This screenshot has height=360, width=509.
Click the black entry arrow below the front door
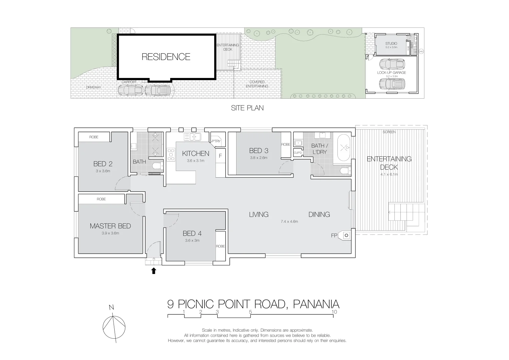pyautogui.click(x=154, y=271)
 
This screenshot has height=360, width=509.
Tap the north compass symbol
pyautogui.click(x=114, y=327)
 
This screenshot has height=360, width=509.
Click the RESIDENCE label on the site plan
pyautogui.click(x=166, y=57)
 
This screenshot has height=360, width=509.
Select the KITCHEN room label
pyautogui.click(x=196, y=153)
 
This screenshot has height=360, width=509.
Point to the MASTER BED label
pyautogui.click(x=110, y=226)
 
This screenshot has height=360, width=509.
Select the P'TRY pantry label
pyautogui.click(x=216, y=141)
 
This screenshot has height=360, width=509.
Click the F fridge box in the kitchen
pyautogui.click(x=220, y=156)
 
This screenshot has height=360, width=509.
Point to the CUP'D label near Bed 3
pyautogui.click(x=297, y=153)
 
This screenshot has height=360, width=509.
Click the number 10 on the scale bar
pyautogui.click(x=334, y=312)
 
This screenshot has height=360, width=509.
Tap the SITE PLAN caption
pyautogui.click(x=247, y=108)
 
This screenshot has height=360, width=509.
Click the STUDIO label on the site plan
pyautogui.click(x=391, y=44)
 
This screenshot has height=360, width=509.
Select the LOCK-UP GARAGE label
pyautogui.click(x=391, y=73)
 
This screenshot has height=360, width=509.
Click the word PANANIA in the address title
pyautogui.click(x=316, y=304)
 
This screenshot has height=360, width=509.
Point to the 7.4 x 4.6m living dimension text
pyautogui.click(x=289, y=221)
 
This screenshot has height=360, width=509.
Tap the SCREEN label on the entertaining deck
pyautogui.click(x=389, y=132)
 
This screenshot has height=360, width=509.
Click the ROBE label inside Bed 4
pyautogui.click(x=220, y=246)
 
